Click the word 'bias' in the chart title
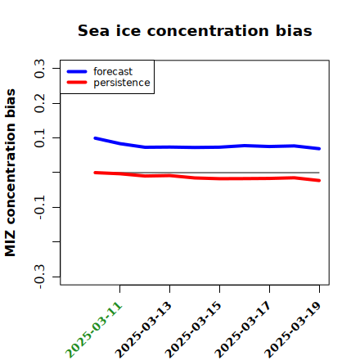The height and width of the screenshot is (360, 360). pos(294,30)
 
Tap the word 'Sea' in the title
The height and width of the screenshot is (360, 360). pos(93,30)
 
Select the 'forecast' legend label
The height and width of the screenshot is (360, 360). pos(113,71)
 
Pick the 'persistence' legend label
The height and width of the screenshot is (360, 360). pos(122,83)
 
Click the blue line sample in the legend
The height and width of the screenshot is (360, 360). pos(77,71)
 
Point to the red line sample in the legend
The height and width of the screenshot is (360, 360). pos(77,83)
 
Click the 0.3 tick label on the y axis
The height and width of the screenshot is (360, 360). pos(39,68)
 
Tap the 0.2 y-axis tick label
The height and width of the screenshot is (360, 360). pos(39,103)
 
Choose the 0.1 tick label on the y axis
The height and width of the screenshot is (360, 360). pos(39,138)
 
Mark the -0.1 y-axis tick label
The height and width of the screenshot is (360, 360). pos(39,208)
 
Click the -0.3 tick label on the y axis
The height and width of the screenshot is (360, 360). pos(39,277)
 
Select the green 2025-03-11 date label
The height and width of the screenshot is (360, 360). pos(94,330)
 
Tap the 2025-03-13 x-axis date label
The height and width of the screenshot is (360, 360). pos(144,330)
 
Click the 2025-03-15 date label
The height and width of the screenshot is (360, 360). pos(194,330)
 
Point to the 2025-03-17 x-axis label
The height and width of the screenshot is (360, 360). pos(244,330)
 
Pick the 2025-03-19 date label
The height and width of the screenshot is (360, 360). pos(294,330)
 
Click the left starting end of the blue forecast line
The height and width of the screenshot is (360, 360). pos(95,138)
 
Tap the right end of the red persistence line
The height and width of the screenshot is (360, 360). pos(319,181)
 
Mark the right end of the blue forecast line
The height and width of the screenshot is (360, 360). pos(319,149)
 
